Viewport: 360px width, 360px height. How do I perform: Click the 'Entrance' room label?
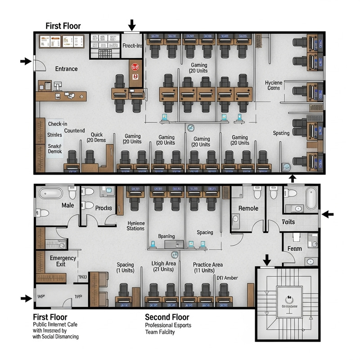coord(66,69)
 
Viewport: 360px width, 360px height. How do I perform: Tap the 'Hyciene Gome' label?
coord(272,85)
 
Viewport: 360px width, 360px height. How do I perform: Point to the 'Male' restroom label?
coord(67,205)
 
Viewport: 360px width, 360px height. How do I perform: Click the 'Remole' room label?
coord(248,208)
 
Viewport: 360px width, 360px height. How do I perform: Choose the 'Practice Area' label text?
coord(208,265)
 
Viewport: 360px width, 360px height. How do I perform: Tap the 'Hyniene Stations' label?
coord(136,225)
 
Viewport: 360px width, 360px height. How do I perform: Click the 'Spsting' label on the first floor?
coord(281,133)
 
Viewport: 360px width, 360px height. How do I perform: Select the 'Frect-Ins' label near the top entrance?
coord(132,46)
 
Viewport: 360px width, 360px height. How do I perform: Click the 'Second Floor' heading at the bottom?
coord(167,317)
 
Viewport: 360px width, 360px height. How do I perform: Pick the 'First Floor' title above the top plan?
coord(63,26)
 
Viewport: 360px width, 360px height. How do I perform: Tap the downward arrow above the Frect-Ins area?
coord(131,24)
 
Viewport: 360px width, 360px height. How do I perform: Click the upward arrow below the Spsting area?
coord(292,178)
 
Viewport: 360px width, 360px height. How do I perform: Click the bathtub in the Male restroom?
coord(50,194)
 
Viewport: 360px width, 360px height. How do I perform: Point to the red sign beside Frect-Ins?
coord(134,67)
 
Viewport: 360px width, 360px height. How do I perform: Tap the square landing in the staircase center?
coord(289,299)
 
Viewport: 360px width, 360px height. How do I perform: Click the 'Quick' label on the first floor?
coord(97,135)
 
